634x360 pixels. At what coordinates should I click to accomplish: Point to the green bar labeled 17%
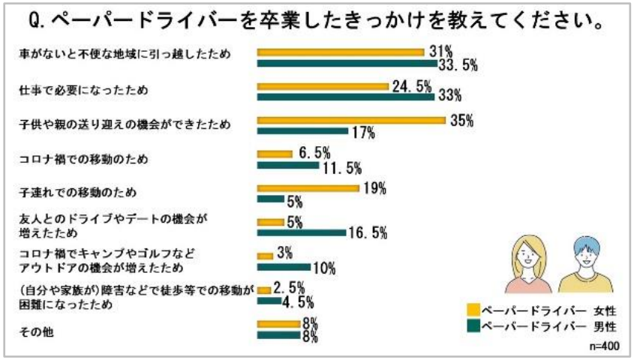coord(300,131)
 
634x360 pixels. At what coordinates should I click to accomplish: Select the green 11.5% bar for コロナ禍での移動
coord(287,165)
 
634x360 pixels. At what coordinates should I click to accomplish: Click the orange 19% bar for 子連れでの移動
coord(308,188)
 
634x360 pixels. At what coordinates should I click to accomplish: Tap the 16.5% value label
coord(368,233)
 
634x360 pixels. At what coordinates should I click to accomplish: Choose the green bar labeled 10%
coord(284,266)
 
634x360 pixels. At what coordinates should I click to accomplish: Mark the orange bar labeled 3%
coord(265,256)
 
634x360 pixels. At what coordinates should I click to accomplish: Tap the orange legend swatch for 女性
coord(473,309)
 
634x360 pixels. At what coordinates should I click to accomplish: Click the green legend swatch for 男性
coord(473,326)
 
